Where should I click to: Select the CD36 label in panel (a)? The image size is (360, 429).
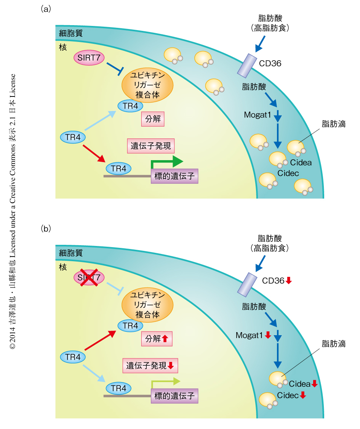point(270,63)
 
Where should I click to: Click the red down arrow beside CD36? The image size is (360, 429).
point(289,281)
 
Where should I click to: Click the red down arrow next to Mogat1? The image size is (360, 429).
point(268,335)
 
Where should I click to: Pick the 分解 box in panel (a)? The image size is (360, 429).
point(153,119)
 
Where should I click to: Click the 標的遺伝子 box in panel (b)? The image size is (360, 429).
point(174,396)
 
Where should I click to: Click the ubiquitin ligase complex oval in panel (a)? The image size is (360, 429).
point(147,84)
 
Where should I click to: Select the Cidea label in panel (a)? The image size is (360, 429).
point(301,163)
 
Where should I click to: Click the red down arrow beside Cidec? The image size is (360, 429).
point(303,395)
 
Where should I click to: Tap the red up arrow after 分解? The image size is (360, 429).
point(165,338)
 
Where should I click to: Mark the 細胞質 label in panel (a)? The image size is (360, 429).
point(70,33)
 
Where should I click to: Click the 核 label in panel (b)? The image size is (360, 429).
point(62,267)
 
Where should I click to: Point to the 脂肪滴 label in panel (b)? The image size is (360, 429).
point(333,344)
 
